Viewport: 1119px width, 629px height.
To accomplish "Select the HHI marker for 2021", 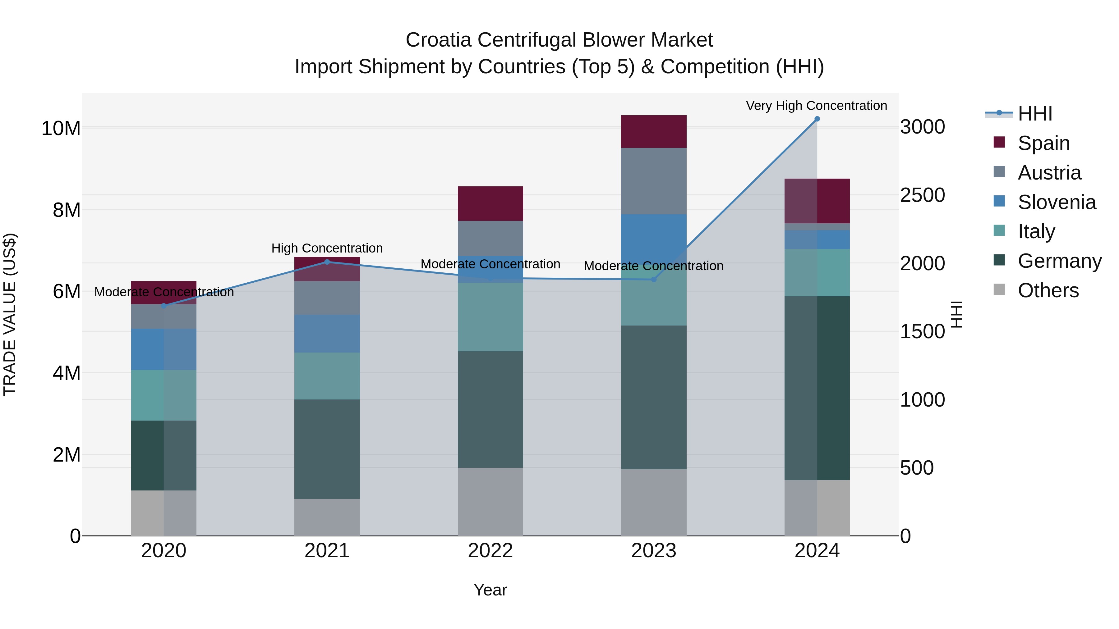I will pos(327,262).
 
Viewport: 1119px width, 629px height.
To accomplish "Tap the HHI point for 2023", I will pos(653,280).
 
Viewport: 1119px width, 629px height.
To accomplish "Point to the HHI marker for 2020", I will pos(164,306).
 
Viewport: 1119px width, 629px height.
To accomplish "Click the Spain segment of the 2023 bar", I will pos(653,131).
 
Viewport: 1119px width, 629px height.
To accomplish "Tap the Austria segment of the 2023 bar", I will pos(653,181).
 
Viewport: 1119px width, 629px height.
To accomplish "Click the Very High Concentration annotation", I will pos(816,106).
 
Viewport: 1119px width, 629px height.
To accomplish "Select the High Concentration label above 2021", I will pos(327,248).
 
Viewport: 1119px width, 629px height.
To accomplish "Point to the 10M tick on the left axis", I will pos(61,129).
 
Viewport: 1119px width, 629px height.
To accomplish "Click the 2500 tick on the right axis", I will pos(922,195).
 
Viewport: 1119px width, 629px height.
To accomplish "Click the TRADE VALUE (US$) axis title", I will pos(10,314).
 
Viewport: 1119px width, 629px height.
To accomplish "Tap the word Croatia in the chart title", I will pos(438,40).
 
